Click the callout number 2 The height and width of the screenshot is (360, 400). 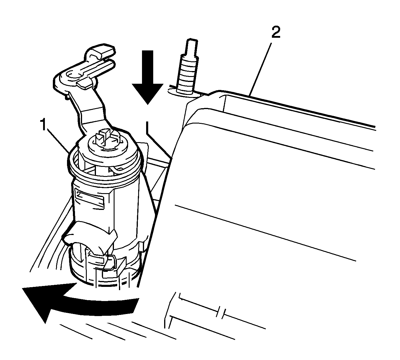pyautogui.click(x=276, y=32)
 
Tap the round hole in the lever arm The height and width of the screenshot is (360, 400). pyautogui.click(x=74, y=75)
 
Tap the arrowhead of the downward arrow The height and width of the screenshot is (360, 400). pyautogui.click(x=148, y=94)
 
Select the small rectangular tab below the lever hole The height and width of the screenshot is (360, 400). pyautogui.click(x=84, y=84)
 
